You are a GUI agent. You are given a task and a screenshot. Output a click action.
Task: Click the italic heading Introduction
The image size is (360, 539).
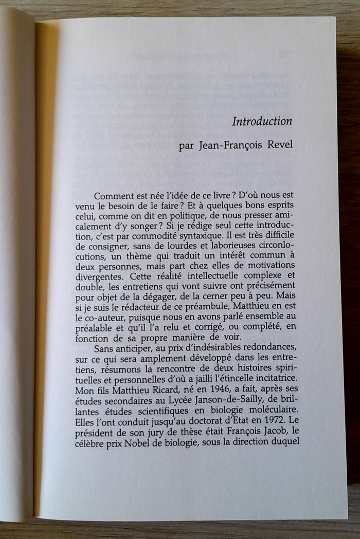(262, 122)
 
